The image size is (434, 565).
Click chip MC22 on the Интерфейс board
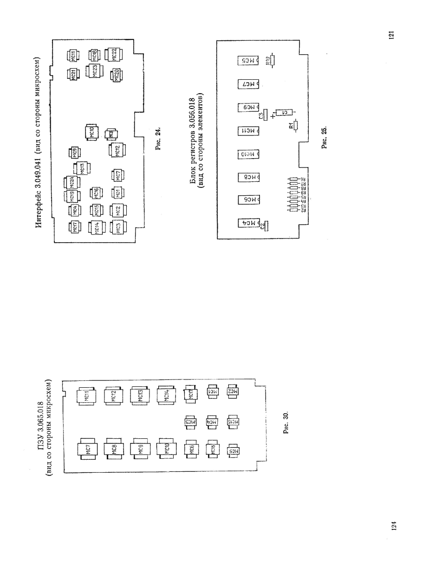tap(115, 55)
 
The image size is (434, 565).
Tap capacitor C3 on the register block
tap(265, 114)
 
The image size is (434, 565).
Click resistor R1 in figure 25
tap(295, 125)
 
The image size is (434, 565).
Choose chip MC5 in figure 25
tap(247, 61)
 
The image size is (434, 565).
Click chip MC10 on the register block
tap(247, 154)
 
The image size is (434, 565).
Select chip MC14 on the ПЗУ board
tap(166, 396)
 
